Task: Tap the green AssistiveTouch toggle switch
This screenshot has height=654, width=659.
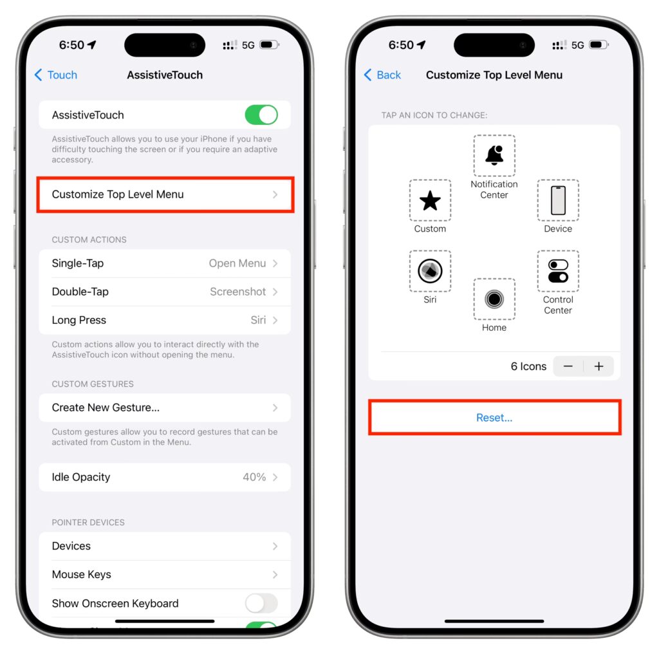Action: [x=261, y=115]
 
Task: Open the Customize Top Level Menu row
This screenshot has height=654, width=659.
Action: [x=165, y=194]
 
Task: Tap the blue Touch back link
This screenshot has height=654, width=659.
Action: [x=56, y=75]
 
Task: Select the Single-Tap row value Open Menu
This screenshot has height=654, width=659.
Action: [x=237, y=263]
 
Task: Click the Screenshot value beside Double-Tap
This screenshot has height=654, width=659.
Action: [x=238, y=292]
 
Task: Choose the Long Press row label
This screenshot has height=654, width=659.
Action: [x=79, y=321]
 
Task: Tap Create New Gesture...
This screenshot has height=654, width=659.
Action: [x=106, y=407]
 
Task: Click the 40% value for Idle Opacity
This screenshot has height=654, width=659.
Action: [x=254, y=477]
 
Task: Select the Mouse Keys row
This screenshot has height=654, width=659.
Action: [x=165, y=575]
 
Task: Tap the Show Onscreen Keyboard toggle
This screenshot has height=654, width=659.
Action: [x=261, y=603]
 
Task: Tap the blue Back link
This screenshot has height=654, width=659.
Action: [x=382, y=75]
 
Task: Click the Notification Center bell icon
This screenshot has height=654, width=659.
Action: [x=494, y=156]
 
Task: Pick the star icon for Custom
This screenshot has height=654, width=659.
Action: [x=430, y=200]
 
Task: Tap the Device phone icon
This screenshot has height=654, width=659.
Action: [x=558, y=200]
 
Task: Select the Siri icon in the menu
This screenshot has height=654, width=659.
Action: [x=430, y=271]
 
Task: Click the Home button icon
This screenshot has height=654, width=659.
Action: [x=494, y=299]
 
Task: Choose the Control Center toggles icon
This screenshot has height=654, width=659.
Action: [x=558, y=271]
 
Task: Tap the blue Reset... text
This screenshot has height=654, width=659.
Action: [x=494, y=417]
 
